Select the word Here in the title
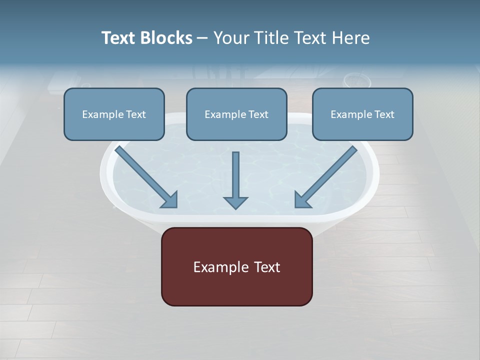click(x=351, y=38)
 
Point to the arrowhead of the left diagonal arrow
click(x=170, y=200)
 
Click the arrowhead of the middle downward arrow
click(x=235, y=202)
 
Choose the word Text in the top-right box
click(x=384, y=114)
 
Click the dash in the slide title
click(x=202, y=38)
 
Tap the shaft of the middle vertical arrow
click(x=235, y=172)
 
